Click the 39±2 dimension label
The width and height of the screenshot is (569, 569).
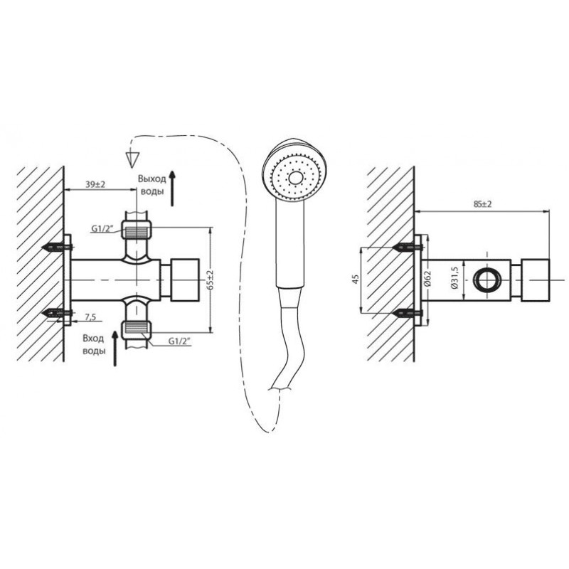point(95,184)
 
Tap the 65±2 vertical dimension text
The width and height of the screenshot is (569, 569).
point(211,280)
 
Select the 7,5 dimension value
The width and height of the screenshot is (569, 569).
point(90,317)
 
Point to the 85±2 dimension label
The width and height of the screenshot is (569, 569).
point(482,204)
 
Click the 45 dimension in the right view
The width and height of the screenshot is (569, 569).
point(356,279)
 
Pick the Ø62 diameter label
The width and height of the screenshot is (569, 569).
point(427,279)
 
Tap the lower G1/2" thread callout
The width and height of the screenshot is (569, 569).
point(180,341)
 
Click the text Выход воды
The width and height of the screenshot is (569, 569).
point(151,185)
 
